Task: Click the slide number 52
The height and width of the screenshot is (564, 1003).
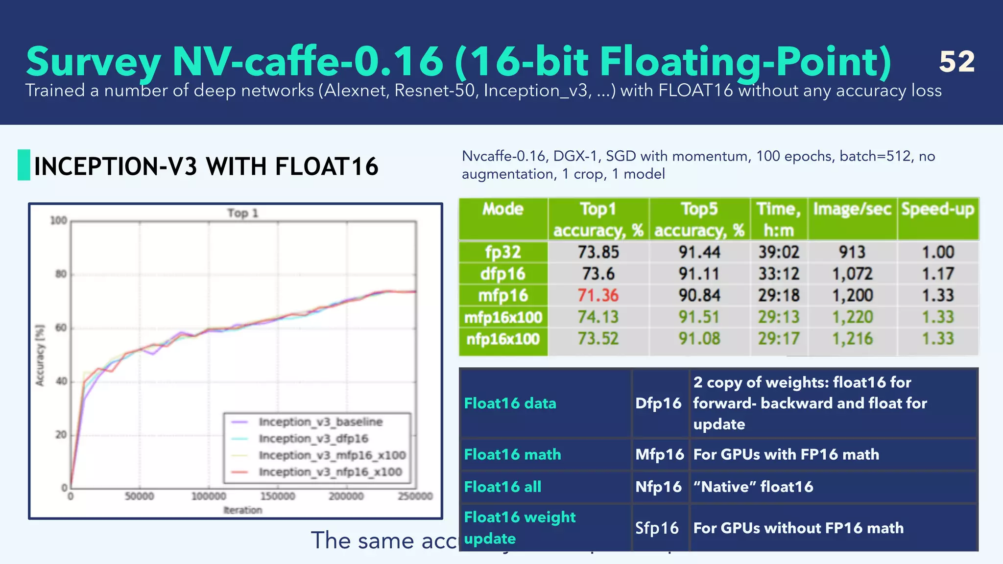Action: coord(956,62)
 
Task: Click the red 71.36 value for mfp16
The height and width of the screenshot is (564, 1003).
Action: coord(598,295)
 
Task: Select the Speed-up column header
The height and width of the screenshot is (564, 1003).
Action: coord(937,210)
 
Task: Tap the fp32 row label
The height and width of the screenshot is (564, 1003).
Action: coord(503,252)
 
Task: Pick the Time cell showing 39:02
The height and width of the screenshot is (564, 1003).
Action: coord(779,252)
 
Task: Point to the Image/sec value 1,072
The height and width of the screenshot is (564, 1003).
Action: coord(852,274)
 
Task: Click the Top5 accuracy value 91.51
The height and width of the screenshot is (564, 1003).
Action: coord(699,317)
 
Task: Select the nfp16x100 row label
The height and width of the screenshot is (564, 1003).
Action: coord(503,339)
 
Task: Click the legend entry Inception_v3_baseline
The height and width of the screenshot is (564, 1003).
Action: coord(320,422)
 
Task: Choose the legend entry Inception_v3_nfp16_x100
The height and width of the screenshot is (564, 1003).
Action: coord(330,472)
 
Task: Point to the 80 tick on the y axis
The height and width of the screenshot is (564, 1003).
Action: coord(61,274)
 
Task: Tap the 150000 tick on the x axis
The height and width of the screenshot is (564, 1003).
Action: coord(278,496)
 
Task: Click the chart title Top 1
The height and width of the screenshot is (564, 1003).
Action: coord(242,213)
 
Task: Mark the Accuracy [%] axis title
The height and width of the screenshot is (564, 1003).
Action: coord(40,355)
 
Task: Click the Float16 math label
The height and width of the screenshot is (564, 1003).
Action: coord(512,454)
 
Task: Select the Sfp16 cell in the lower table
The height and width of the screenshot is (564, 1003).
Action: coord(657,528)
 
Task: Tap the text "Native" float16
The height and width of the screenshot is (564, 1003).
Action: coord(753,487)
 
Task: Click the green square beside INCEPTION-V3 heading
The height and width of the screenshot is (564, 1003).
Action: coord(24,165)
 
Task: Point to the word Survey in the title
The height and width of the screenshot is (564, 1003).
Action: coord(93,62)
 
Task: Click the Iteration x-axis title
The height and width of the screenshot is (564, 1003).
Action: coord(243,510)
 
